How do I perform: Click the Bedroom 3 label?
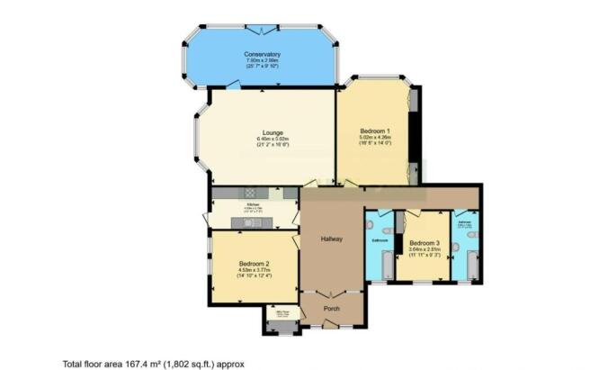click(425, 243)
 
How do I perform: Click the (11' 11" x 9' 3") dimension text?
click(425, 256)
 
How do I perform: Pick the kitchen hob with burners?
click(250, 192)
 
